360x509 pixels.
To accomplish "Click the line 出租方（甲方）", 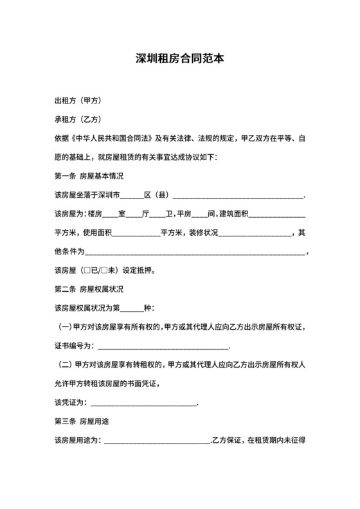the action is coord(76,101).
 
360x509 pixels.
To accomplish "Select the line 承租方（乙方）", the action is coord(76,120).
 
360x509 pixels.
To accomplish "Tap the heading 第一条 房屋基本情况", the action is coord(89,175).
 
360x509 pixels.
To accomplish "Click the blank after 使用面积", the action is coord(136,233).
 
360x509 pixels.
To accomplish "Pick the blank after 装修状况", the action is coord(256,233).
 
